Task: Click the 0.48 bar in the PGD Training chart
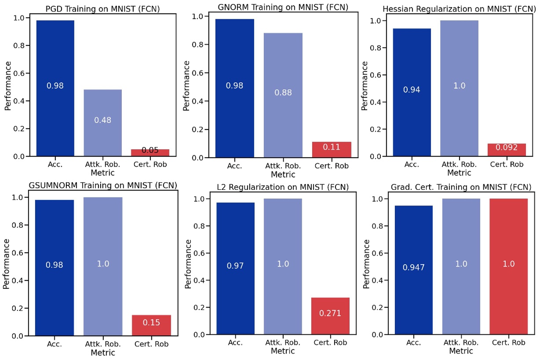102,123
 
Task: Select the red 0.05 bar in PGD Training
150,152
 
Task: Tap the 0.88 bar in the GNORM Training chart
283,95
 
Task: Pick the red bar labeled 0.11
332,149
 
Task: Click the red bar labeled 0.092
506,150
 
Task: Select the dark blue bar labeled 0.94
412,92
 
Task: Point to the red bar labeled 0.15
151,325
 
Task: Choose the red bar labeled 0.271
330,316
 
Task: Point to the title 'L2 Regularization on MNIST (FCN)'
282,187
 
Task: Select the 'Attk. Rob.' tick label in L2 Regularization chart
283,343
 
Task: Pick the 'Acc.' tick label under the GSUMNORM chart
55,344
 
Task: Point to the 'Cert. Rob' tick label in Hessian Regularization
506,165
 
